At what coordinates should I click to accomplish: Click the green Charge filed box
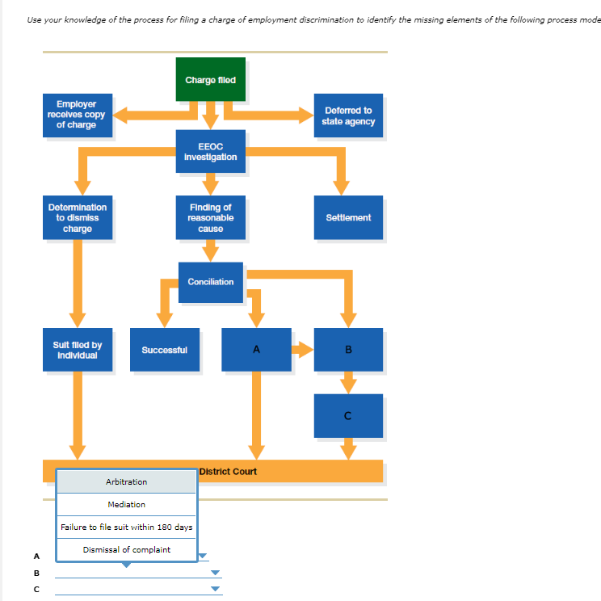click(x=211, y=79)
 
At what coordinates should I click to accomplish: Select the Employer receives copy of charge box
click(x=76, y=115)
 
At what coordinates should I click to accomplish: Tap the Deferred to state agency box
click(x=348, y=116)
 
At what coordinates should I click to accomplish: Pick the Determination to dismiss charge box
click(x=78, y=218)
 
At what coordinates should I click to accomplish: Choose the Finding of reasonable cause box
click(x=211, y=218)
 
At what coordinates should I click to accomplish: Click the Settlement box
click(x=348, y=218)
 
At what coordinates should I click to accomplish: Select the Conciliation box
click(x=211, y=282)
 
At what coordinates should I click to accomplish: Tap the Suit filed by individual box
click(x=78, y=350)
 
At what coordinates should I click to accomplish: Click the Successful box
click(x=165, y=350)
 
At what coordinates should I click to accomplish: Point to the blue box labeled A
click(x=256, y=350)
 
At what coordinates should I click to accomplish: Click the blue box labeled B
click(x=348, y=350)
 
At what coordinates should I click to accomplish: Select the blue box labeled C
click(x=348, y=416)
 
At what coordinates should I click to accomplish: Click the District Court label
click(x=228, y=471)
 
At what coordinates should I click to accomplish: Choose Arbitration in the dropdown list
click(x=126, y=482)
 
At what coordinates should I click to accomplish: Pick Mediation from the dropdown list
click(x=126, y=505)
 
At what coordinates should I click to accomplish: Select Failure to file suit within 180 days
click(x=126, y=527)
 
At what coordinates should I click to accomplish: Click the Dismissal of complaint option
click(x=126, y=550)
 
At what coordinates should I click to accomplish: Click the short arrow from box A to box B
click(x=302, y=350)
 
